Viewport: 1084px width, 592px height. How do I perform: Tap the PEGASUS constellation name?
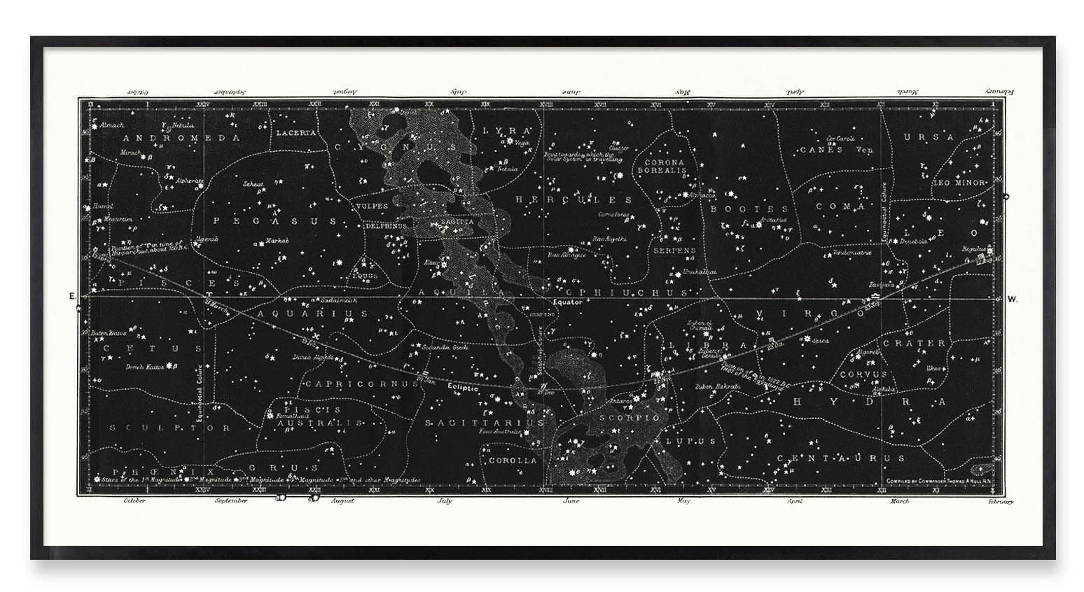coord(275,220)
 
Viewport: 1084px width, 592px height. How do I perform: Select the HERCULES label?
coord(574,199)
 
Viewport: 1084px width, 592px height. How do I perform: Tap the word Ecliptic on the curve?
coord(463,387)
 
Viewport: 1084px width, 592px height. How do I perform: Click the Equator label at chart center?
coord(567,302)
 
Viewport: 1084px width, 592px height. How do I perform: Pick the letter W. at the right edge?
coord(1013,299)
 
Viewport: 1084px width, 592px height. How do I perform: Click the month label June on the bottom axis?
coord(571,501)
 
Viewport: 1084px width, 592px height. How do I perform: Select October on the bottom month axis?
coord(134,501)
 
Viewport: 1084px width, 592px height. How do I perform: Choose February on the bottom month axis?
coord(1000,501)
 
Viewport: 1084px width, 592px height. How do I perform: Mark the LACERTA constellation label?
coord(296,132)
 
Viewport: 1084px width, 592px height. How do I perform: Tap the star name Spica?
coord(821,341)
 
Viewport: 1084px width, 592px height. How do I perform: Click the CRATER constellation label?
coord(914,344)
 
